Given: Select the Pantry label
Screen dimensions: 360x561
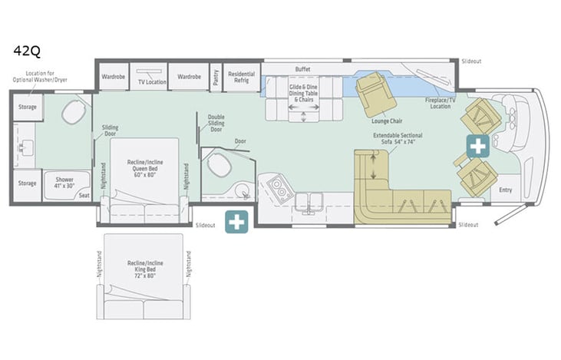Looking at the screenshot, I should click(x=216, y=78).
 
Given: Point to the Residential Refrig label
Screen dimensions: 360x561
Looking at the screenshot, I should click(x=241, y=78).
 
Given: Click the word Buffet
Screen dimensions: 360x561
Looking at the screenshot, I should click(x=303, y=69).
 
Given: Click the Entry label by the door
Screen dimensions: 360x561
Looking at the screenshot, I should click(x=505, y=190).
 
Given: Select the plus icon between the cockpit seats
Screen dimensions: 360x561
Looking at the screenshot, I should click(x=478, y=145).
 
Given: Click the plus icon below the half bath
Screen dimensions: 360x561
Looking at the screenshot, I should click(x=236, y=223).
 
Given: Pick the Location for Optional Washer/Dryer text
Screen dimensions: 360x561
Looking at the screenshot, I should click(x=36, y=78).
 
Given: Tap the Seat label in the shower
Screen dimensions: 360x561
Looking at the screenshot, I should click(x=84, y=195).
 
